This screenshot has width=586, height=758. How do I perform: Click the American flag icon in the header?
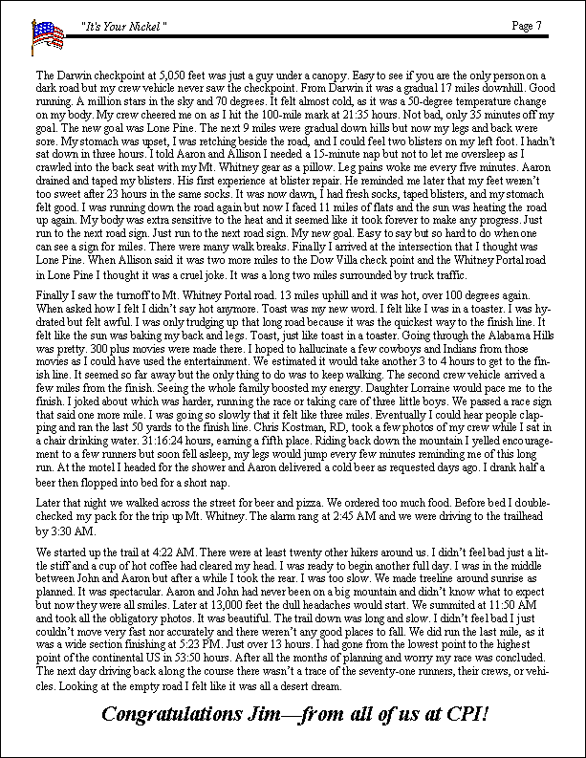coord(45,37)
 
